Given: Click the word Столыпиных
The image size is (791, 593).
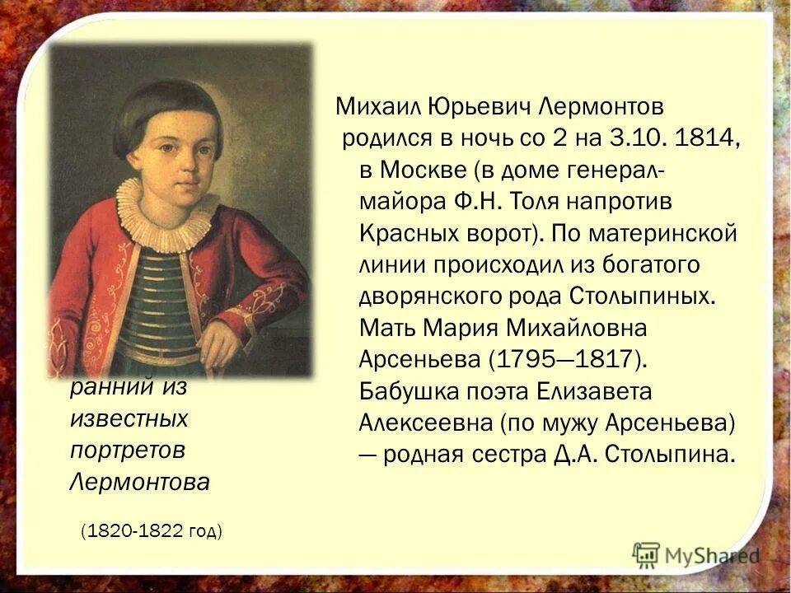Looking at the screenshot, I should pos(641,295).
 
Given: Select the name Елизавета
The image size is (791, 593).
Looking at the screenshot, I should pos(586,390).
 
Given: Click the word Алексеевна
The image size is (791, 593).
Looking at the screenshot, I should pos(424,422).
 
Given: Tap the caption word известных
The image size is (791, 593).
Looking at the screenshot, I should pos(129,419).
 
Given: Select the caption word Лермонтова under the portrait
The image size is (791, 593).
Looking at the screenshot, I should pos(139,481).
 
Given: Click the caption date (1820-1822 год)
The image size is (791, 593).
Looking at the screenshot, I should pos(152,531).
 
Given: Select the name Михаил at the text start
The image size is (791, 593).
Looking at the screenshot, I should pos(370,107).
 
